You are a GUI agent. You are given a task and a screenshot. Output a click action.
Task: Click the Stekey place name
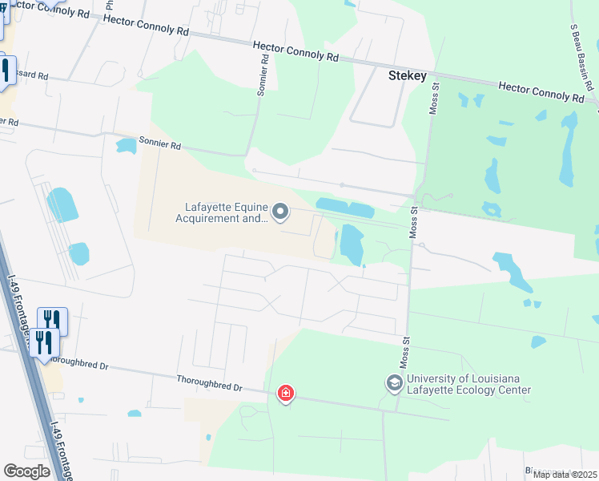[x=408, y=75]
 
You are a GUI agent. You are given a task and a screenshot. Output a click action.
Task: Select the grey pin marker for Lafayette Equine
[x=280, y=212]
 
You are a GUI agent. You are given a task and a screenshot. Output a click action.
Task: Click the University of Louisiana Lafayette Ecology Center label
[x=468, y=385]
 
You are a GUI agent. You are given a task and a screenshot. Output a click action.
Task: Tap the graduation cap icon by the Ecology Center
[x=394, y=383]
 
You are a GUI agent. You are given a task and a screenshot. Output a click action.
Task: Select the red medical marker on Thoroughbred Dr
[x=285, y=394]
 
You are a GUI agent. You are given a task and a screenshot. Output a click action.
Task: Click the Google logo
[x=26, y=471]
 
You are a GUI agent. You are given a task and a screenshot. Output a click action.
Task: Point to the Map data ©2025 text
[x=565, y=475]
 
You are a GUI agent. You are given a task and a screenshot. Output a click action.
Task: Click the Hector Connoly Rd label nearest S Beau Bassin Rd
[x=541, y=91]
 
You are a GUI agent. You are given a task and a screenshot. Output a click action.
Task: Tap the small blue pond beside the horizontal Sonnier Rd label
[x=127, y=146]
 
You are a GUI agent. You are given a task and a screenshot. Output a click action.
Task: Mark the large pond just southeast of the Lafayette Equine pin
[x=352, y=243]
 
